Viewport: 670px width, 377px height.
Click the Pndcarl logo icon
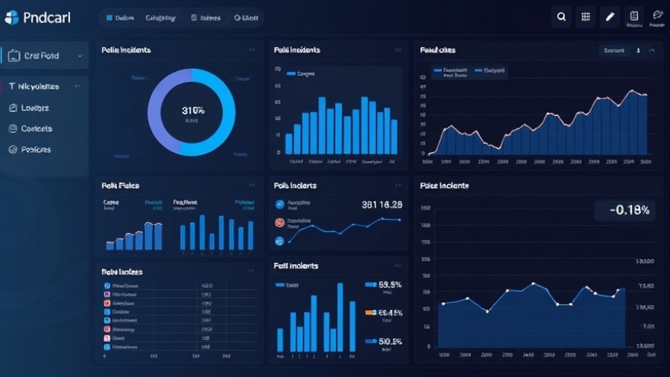tap(11, 16)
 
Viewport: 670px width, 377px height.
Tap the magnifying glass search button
tap(561, 16)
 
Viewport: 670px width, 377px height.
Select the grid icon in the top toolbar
tap(586, 16)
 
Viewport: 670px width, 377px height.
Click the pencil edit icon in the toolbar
tap(610, 16)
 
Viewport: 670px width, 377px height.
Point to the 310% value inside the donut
tap(192, 110)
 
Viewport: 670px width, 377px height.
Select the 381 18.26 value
tap(382, 204)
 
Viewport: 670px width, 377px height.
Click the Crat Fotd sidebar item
tap(41, 56)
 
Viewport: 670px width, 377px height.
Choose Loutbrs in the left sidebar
tap(35, 108)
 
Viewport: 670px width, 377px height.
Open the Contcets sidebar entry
tap(37, 129)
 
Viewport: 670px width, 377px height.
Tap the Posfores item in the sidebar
tap(36, 150)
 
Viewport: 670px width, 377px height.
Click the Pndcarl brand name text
tap(46, 17)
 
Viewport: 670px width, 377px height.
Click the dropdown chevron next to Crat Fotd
tap(78, 56)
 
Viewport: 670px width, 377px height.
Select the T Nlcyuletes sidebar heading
tap(39, 86)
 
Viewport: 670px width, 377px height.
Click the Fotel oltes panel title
tap(437, 51)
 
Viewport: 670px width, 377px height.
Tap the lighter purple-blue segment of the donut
tap(160, 112)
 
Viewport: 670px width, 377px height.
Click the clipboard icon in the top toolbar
tap(634, 16)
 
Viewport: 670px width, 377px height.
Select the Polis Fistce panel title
tap(120, 185)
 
